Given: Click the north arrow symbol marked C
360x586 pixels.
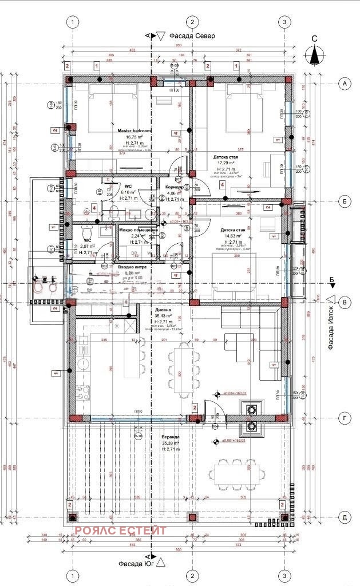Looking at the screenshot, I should click(x=314, y=54).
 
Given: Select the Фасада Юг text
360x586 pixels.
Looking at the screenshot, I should click(x=134, y=563).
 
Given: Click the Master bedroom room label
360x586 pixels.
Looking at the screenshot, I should click(x=134, y=131).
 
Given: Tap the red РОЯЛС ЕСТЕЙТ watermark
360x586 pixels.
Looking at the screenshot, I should click(x=121, y=530).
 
